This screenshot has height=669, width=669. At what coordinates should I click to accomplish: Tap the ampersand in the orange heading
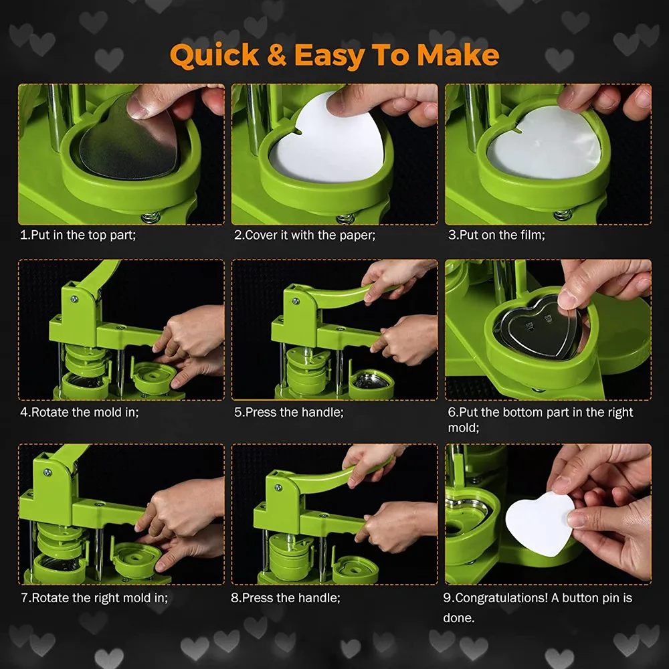(276, 55)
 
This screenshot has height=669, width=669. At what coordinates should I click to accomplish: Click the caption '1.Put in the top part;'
(78, 235)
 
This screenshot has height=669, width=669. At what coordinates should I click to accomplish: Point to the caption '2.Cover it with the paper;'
(304, 235)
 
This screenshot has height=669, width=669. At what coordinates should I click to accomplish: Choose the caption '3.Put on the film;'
(496, 235)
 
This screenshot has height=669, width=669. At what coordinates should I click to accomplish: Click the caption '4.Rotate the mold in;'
(80, 412)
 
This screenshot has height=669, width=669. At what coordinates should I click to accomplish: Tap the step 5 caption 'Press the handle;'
(289, 412)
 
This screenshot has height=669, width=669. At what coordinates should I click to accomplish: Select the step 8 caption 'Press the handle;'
(286, 597)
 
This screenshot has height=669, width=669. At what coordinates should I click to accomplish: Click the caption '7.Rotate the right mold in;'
(94, 597)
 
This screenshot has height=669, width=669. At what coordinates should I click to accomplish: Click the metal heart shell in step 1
(128, 140)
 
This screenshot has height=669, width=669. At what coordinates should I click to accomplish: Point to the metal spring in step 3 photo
(563, 215)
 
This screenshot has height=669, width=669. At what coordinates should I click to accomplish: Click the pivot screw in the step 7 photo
(47, 472)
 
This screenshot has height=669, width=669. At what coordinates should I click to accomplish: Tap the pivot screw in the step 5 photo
(295, 302)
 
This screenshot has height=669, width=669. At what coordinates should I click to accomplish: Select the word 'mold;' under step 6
(464, 427)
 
